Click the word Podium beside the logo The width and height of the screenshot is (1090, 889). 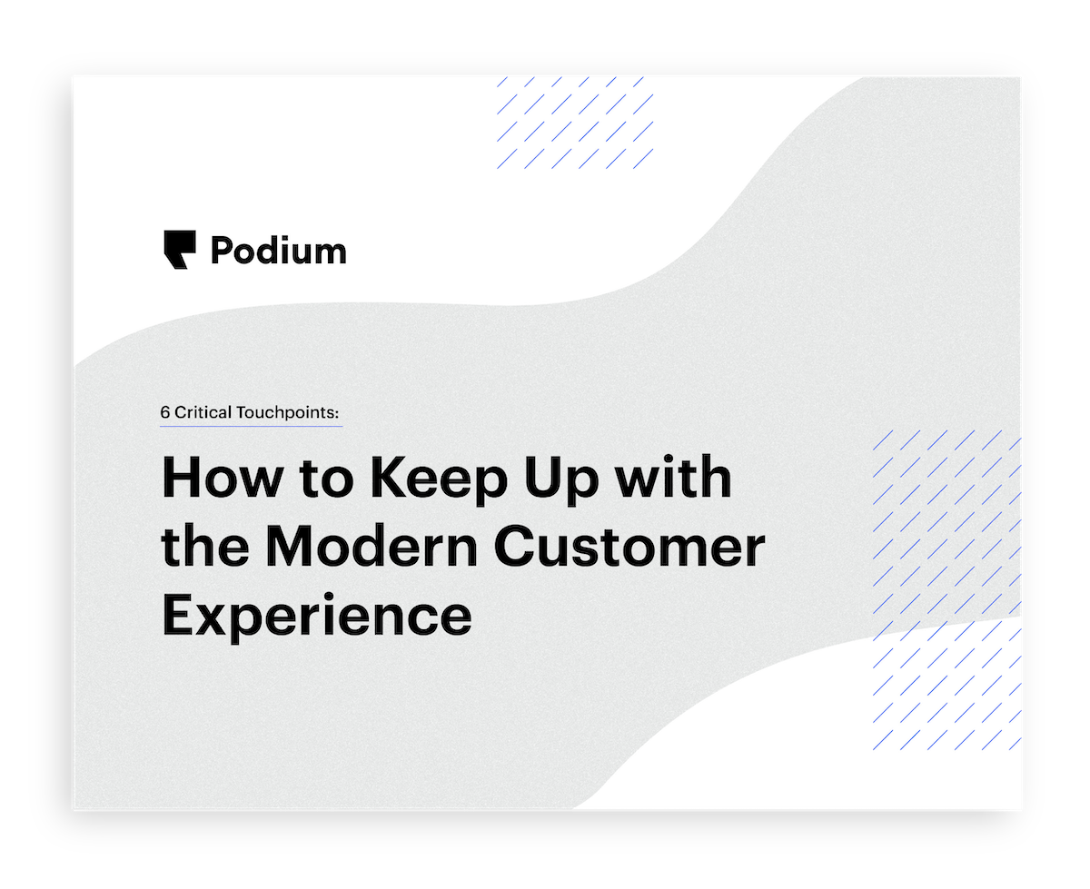point(278,250)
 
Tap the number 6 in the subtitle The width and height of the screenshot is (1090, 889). point(165,412)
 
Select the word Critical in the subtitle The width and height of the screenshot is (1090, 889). point(203,412)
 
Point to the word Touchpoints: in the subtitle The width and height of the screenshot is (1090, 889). point(288,412)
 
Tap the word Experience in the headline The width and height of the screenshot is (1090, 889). point(316,615)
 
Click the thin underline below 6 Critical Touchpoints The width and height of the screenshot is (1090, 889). point(252,426)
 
